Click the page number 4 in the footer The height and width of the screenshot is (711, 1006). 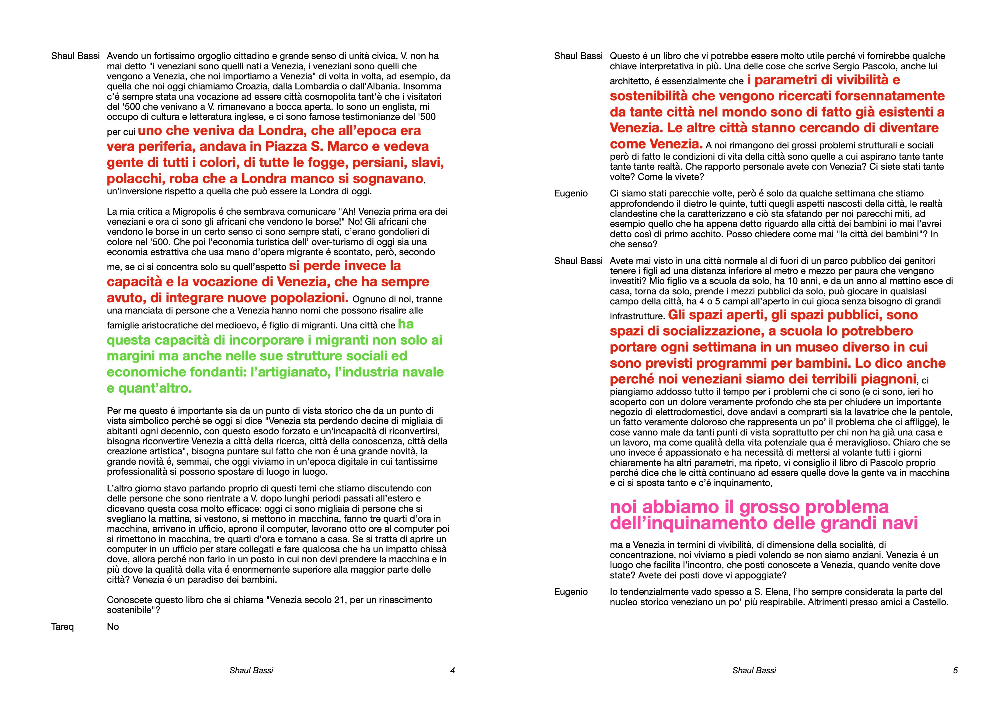point(453,670)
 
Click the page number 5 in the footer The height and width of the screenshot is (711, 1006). point(955,670)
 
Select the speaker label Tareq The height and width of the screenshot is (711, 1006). point(62,626)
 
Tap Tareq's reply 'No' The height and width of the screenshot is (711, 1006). point(113,626)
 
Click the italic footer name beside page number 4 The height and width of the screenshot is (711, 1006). point(251,670)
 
